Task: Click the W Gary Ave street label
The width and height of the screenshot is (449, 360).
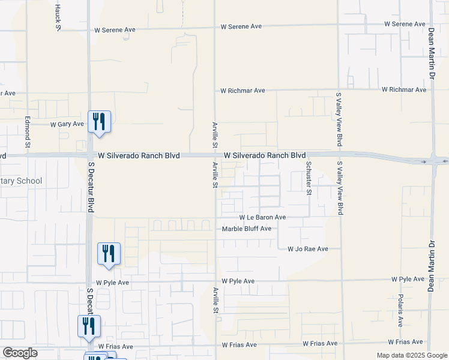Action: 67,124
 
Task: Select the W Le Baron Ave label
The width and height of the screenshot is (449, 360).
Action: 262,217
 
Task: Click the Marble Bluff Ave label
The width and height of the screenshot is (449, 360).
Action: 247,229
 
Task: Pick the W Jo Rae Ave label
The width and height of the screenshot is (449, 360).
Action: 307,248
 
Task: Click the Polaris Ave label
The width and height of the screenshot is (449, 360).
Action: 400,310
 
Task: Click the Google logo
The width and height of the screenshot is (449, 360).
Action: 20,353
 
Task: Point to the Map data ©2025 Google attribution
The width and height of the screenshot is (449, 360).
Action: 412,355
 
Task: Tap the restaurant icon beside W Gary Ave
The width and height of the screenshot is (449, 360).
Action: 97,121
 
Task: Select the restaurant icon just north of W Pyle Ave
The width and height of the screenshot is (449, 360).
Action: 109,253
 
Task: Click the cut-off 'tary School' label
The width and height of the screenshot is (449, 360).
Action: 21,181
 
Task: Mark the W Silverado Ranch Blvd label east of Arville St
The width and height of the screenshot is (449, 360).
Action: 265,155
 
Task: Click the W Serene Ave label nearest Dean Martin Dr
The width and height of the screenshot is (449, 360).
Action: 405,24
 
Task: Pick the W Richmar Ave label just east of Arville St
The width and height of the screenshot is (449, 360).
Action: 243,91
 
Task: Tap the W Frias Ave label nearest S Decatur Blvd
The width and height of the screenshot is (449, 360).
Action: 115,346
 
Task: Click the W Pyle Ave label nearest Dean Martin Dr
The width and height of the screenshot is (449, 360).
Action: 408,280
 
